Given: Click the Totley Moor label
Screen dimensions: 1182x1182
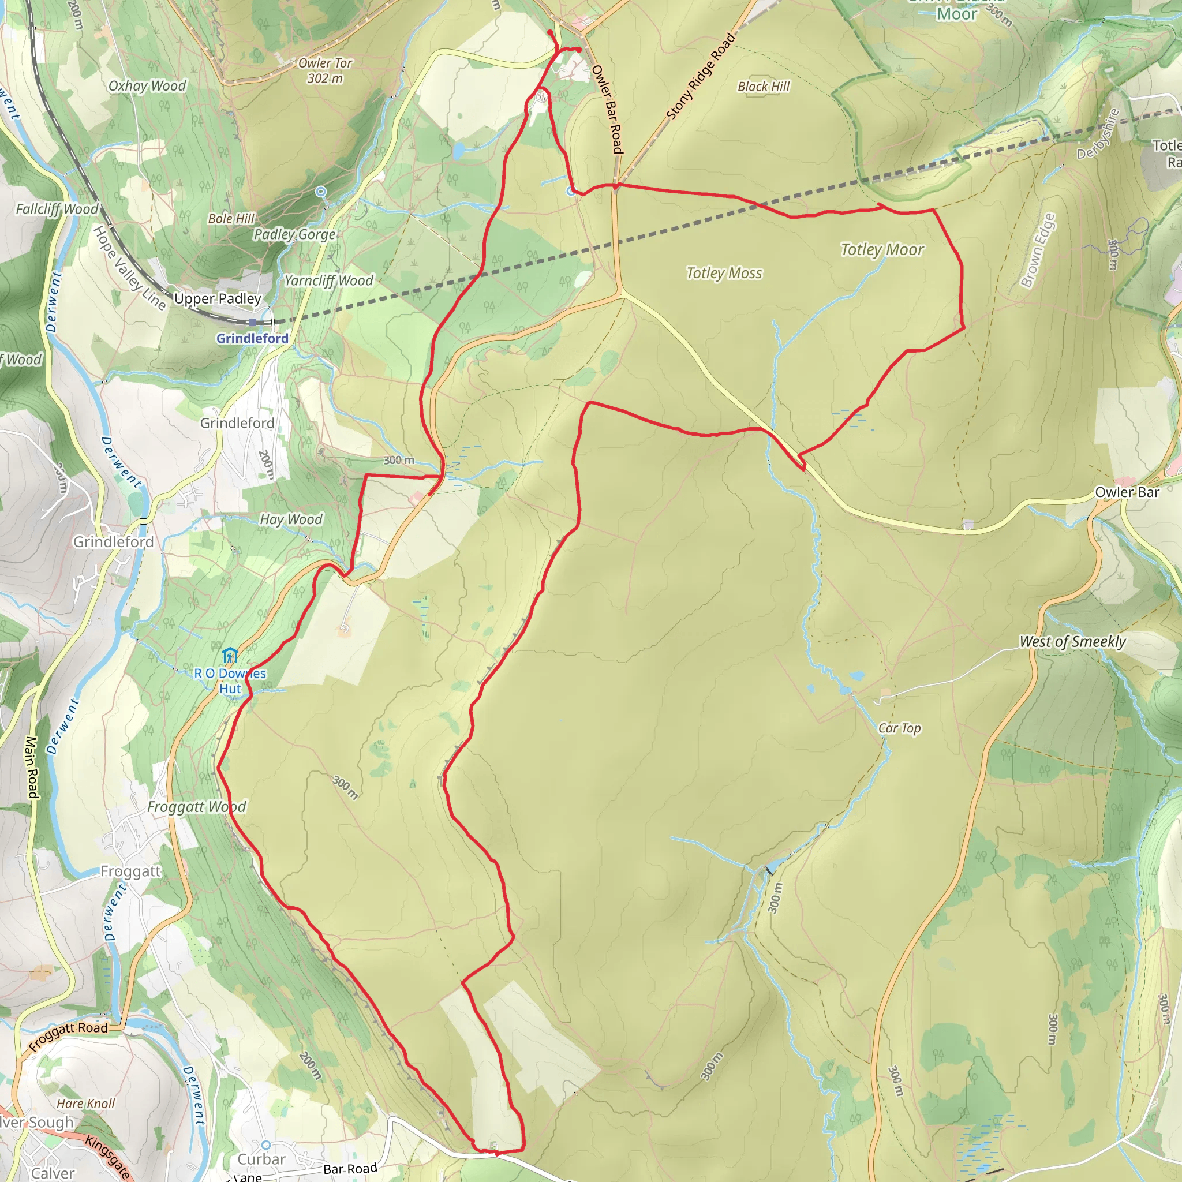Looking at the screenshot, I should pos(882,249).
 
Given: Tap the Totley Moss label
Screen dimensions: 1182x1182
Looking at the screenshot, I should pos(724,273).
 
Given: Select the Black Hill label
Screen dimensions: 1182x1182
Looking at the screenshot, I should pos(763,87).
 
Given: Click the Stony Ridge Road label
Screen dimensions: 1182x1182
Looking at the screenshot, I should pos(700,77).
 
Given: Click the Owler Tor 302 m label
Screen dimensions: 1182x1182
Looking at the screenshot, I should pos(325,70).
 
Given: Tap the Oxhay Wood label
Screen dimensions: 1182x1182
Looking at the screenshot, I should pos(147,85).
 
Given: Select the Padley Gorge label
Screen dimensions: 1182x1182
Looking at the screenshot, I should pos(294,234).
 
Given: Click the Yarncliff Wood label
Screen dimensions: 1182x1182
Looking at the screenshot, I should pos(328,281).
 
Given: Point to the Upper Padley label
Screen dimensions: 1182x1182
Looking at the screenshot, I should pos(217,298).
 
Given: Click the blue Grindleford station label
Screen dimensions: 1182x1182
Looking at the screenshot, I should pos(252,338).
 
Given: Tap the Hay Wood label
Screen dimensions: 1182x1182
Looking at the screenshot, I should pos(291,519).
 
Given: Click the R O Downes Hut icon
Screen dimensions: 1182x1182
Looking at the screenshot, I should pos(230,655).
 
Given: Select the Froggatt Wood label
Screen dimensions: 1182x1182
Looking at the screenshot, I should pos(196,807).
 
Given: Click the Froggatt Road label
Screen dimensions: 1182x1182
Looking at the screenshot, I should pos(68,1037).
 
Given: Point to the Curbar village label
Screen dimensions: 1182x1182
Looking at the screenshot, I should pos(261,1159).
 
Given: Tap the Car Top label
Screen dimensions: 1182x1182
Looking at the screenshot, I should pos(899,728).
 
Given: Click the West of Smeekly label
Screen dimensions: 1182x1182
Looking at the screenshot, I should pos(1072,642).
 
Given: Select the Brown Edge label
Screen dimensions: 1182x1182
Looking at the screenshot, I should pos(1038,251).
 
